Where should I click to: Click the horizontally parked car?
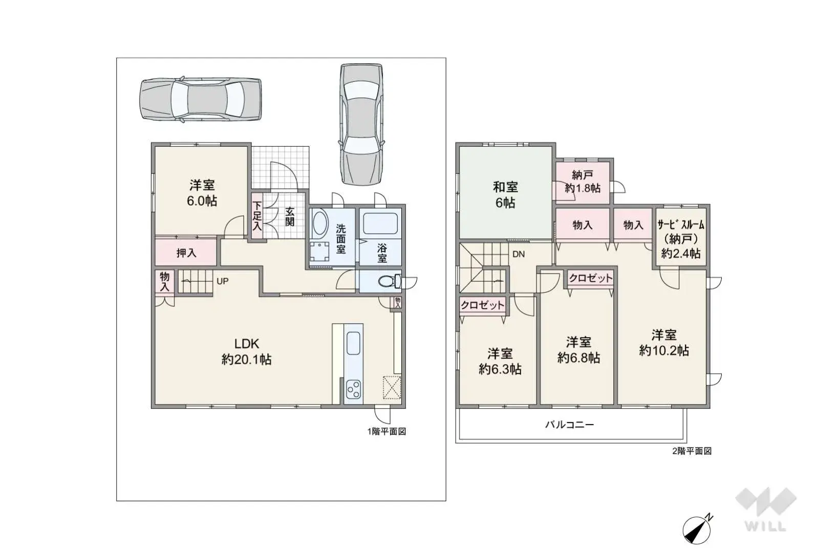pos(201,100)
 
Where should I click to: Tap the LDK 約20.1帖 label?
pos(246,351)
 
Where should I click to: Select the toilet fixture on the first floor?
pos(388,281)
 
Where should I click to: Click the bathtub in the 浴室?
pos(379,224)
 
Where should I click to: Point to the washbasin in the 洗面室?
pos(320,223)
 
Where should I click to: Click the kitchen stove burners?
pos(353,391)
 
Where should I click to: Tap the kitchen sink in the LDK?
pos(354,343)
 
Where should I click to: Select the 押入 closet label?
pos(186,253)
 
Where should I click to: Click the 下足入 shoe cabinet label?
pos(256,215)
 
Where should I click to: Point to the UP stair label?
pos(222,281)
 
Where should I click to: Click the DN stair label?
pos(519,254)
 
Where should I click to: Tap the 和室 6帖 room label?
pos(505,195)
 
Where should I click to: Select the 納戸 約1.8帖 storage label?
pos(583,182)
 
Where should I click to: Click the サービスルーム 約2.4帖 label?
pos(681,238)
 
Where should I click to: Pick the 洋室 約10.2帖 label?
pos(664,343)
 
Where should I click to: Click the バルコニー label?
pos(569,424)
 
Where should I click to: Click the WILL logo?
pos(765,509)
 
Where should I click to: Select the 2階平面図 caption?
pos(692,451)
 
